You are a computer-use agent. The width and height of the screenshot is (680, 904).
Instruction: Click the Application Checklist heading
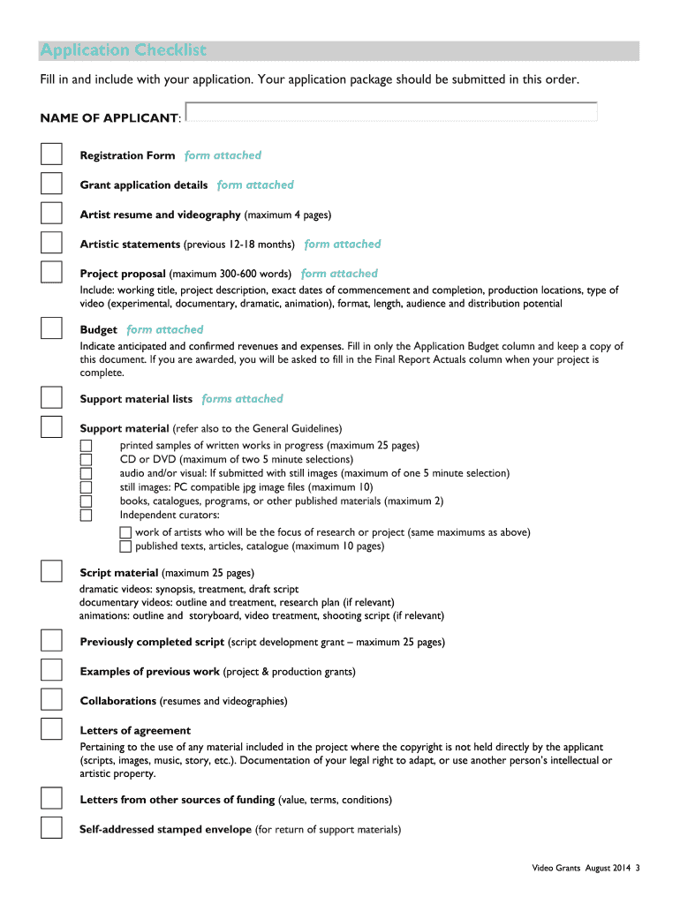click(123, 50)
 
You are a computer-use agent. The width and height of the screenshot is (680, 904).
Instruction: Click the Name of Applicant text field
click(392, 112)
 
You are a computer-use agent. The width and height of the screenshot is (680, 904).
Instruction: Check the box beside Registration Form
click(51, 154)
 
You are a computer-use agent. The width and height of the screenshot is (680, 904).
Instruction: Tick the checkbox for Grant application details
click(51, 184)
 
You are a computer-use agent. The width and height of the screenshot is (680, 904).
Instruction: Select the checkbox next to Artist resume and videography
click(51, 214)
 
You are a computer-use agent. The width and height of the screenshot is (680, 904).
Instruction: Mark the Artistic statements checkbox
click(51, 243)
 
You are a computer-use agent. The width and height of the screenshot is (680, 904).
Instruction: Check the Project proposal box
click(51, 272)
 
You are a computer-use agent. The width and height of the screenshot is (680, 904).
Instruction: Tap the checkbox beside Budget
click(51, 328)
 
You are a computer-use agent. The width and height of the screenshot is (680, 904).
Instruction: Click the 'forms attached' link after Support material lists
click(242, 399)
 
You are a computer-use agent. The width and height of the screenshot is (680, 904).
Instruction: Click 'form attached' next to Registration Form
click(223, 155)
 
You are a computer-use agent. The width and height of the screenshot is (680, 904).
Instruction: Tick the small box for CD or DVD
click(86, 459)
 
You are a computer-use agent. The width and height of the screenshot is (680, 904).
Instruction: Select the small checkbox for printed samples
click(86, 445)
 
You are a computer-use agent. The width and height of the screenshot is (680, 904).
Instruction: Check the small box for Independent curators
click(86, 515)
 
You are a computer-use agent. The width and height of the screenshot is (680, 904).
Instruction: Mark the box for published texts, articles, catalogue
click(125, 546)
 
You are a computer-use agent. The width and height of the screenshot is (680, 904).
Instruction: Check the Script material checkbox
click(51, 571)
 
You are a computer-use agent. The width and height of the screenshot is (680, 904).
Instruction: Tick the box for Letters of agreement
click(51, 729)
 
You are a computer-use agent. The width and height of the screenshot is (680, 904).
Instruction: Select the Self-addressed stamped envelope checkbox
click(51, 828)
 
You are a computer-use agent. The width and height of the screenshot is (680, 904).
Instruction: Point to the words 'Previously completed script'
click(152, 642)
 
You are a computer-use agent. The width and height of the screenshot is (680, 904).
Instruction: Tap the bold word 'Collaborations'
click(117, 701)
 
